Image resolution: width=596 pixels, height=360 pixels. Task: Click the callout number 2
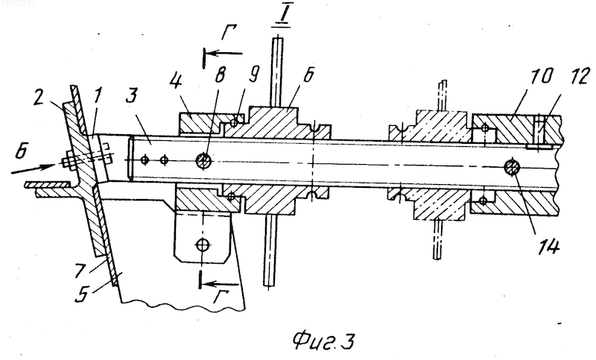tap(39, 98)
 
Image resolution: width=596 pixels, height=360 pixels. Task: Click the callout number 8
tap(220, 76)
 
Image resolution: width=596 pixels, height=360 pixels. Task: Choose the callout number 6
tap(309, 75)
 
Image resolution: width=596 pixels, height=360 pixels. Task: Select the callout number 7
tap(80, 271)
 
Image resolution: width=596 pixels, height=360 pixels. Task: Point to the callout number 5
tap(82, 295)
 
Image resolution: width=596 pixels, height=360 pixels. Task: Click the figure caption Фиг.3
tap(324, 341)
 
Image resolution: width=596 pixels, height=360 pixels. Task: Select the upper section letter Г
tap(229, 32)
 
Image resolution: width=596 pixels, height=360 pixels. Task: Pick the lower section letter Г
tap(220, 298)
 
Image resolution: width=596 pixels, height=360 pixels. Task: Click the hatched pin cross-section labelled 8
tap(203, 161)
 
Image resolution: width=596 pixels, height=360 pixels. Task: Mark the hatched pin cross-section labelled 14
tap(513, 168)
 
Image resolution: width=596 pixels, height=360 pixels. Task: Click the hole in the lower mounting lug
tap(203, 245)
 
